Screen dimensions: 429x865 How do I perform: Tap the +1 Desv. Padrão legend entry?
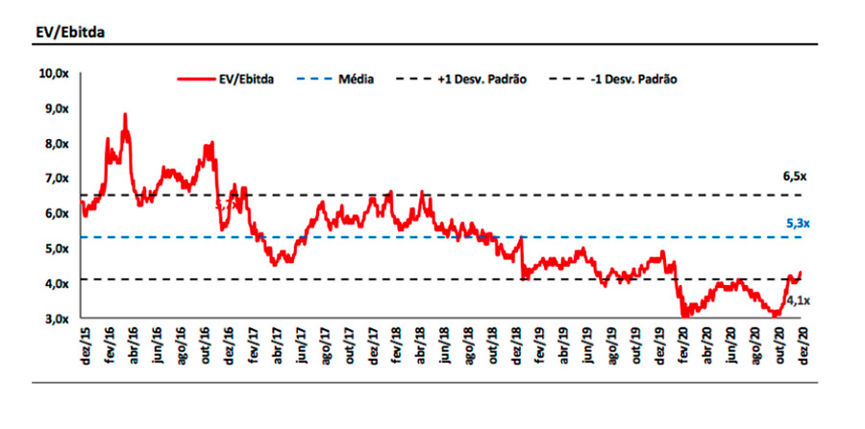(488, 81)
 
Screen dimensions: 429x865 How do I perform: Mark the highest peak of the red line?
(125, 114)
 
